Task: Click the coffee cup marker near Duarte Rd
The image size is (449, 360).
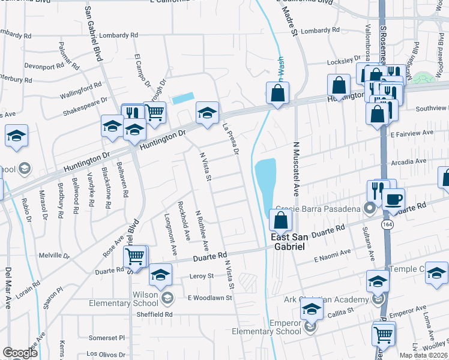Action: (x=393, y=199)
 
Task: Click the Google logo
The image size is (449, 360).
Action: (x=20, y=353)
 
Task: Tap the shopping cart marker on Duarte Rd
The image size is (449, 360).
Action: (x=136, y=257)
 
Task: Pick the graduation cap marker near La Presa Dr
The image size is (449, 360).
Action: (x=207, y=112)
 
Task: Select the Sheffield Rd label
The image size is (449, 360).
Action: (x=154, y=314)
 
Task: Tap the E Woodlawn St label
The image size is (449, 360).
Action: (x=209, y=297)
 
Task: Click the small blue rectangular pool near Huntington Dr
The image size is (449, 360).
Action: (x=183, y=98)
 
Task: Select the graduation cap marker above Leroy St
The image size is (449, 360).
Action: (x=160, y=274)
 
